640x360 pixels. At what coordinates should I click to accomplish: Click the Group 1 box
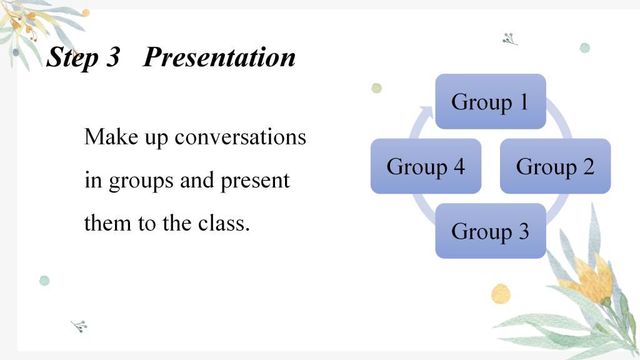[491, 102]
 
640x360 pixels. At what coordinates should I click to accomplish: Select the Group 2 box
[555, 166]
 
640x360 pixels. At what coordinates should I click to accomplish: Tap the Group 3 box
[491, 231]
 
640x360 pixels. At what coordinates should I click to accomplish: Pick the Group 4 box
[426, 166]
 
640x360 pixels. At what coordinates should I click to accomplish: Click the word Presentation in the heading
[219, 57]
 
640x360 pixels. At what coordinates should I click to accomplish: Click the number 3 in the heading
[113, 57]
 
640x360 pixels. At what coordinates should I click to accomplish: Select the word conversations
[241, 137]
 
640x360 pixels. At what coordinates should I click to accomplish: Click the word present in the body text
[255, 181]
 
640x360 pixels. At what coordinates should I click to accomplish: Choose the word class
[224, 223]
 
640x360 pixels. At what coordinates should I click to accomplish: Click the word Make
[111, 136]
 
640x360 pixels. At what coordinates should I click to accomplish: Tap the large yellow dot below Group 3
[501, 294]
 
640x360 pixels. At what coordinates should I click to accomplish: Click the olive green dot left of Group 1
[376, 88]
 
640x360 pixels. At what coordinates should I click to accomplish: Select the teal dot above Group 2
[585, 47]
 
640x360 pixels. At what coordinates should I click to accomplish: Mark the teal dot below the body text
[44, 281]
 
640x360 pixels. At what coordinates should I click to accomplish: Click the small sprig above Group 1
[509, 39]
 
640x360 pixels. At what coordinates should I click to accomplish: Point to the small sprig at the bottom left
[79, 326]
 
